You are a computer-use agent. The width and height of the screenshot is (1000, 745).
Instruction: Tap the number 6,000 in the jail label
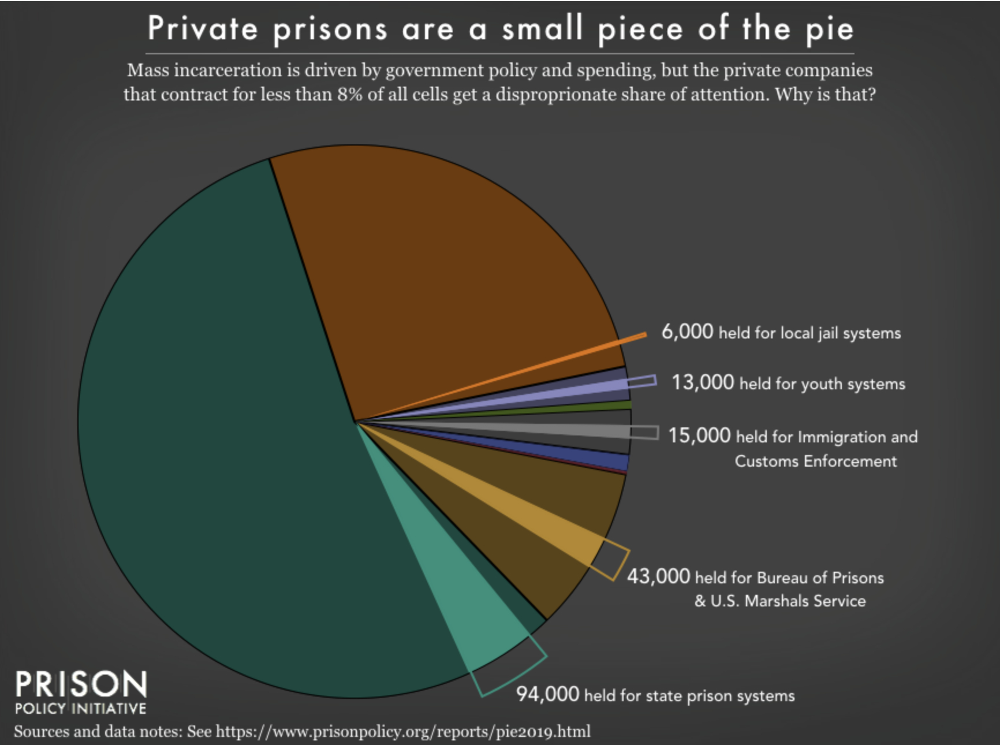point(686,331)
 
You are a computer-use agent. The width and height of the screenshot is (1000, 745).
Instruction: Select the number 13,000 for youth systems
point(702,382)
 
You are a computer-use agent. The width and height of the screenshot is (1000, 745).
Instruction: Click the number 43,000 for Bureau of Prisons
point(658,576)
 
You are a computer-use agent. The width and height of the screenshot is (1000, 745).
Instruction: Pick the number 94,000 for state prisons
point(547,694)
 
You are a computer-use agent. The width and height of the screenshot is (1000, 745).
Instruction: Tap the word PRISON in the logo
point(81,686)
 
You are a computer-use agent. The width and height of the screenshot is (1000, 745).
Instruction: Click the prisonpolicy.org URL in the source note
point(402,732)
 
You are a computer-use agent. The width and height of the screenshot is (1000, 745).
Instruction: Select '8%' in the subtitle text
point(350,94)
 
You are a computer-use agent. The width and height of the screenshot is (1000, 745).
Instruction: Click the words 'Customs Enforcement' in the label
point(815,461)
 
